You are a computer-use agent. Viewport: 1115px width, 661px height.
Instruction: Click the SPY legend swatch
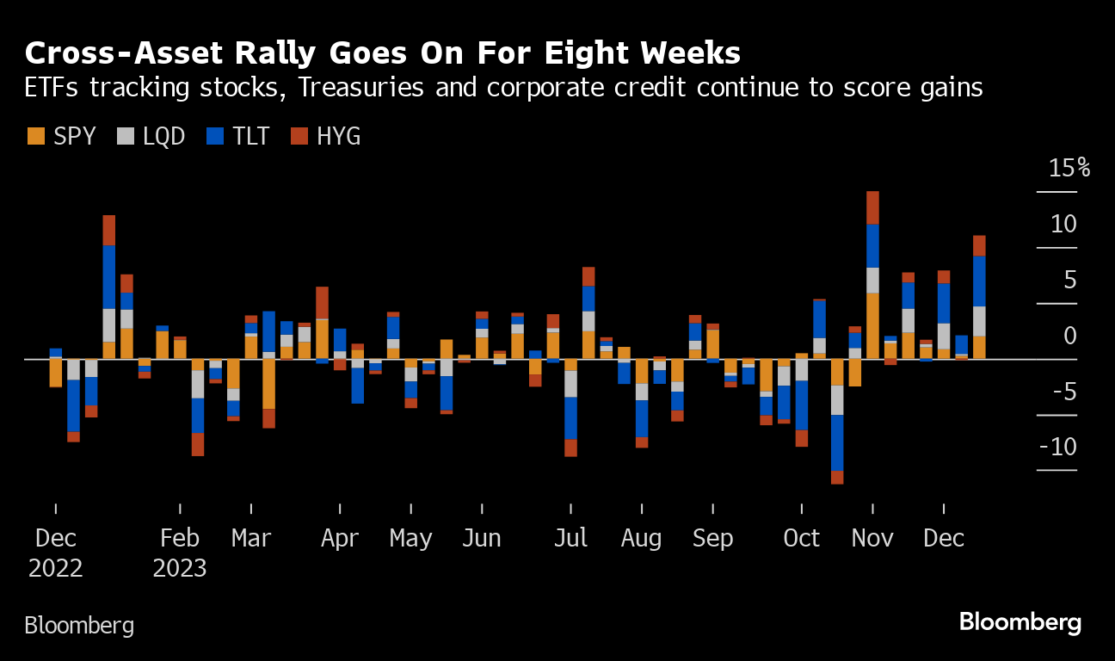(x=36, y=136)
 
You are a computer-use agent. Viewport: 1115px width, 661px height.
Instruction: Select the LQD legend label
(x=163, y=136)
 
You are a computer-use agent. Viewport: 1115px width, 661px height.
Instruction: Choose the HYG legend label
(x=338, y=136)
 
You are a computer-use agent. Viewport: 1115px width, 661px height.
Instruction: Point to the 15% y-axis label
(x=1069, y=168)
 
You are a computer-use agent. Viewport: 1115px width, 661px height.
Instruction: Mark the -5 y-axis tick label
(x=1063, y=392)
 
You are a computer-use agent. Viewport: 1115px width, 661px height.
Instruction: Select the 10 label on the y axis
(x=1063, y=224)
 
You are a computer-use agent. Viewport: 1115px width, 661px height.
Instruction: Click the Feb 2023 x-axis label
(x=180, y=553)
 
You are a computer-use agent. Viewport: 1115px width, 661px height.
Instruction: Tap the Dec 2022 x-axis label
(x=56, y=553)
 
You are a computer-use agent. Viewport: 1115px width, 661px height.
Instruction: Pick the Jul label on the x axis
(x=570, y=539)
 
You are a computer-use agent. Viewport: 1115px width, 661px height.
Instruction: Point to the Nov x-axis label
(x=872, y=539)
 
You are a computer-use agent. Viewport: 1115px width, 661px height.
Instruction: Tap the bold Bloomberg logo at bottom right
(x=1020, y=622)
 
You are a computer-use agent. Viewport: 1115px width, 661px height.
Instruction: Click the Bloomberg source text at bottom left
(x=79, y=625)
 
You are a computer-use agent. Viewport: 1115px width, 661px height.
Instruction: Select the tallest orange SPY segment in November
(x=872, y=325)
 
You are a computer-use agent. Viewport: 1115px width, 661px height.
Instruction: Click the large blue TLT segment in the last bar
(x=979, y=281)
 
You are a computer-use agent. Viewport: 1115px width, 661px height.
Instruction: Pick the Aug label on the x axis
(x=641, y=539)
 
